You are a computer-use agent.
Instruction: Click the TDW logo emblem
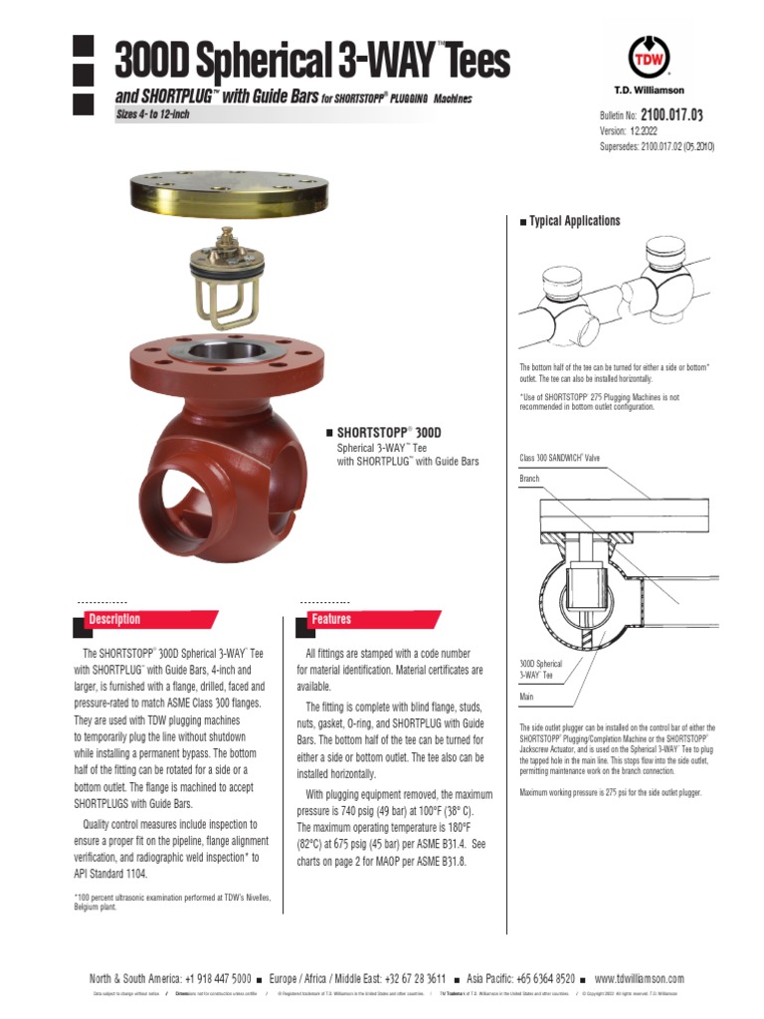pyautogui.click(x=650, y=57)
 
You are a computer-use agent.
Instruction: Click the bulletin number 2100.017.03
pyautogui.click(x=671, y=116)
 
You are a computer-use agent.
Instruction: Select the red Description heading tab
pyautogui.click(x=115, y=619)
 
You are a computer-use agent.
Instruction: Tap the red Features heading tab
pyautogui.click(x=332, y=619)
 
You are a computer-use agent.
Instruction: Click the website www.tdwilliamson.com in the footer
pyautogui.click(x=639, y=978)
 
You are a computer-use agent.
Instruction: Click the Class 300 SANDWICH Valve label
pyautogui.click(x=560, y=458)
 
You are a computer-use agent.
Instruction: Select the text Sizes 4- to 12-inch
pyautogui.click(x=153, y=114)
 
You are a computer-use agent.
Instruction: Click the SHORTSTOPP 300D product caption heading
pyautogui.click(x=394, y=433)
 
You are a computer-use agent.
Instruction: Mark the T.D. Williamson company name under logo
pyautogui.click(x=650, y=91)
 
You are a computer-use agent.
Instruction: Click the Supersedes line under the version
pyautogui.click(x=657, y=146)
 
